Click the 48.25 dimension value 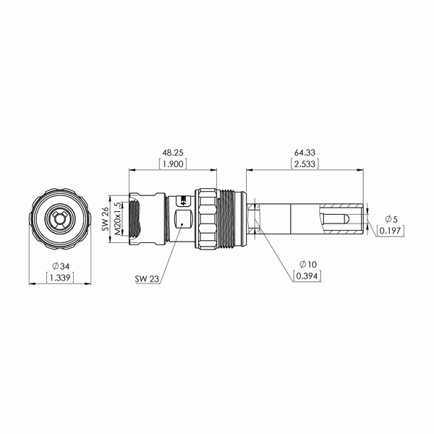(x=173, y=153)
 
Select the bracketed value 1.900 (x=173, y=164)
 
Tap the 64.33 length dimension (x=305, y=153)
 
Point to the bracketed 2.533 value (x=305, y=164)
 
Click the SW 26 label (x=105, y=219)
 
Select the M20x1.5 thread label (x=117, y=218)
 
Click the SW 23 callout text (x=147, y=278)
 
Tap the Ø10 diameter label (x=308, y=264)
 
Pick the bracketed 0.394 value (x=307, y=276)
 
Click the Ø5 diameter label (x=391, y=219)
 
